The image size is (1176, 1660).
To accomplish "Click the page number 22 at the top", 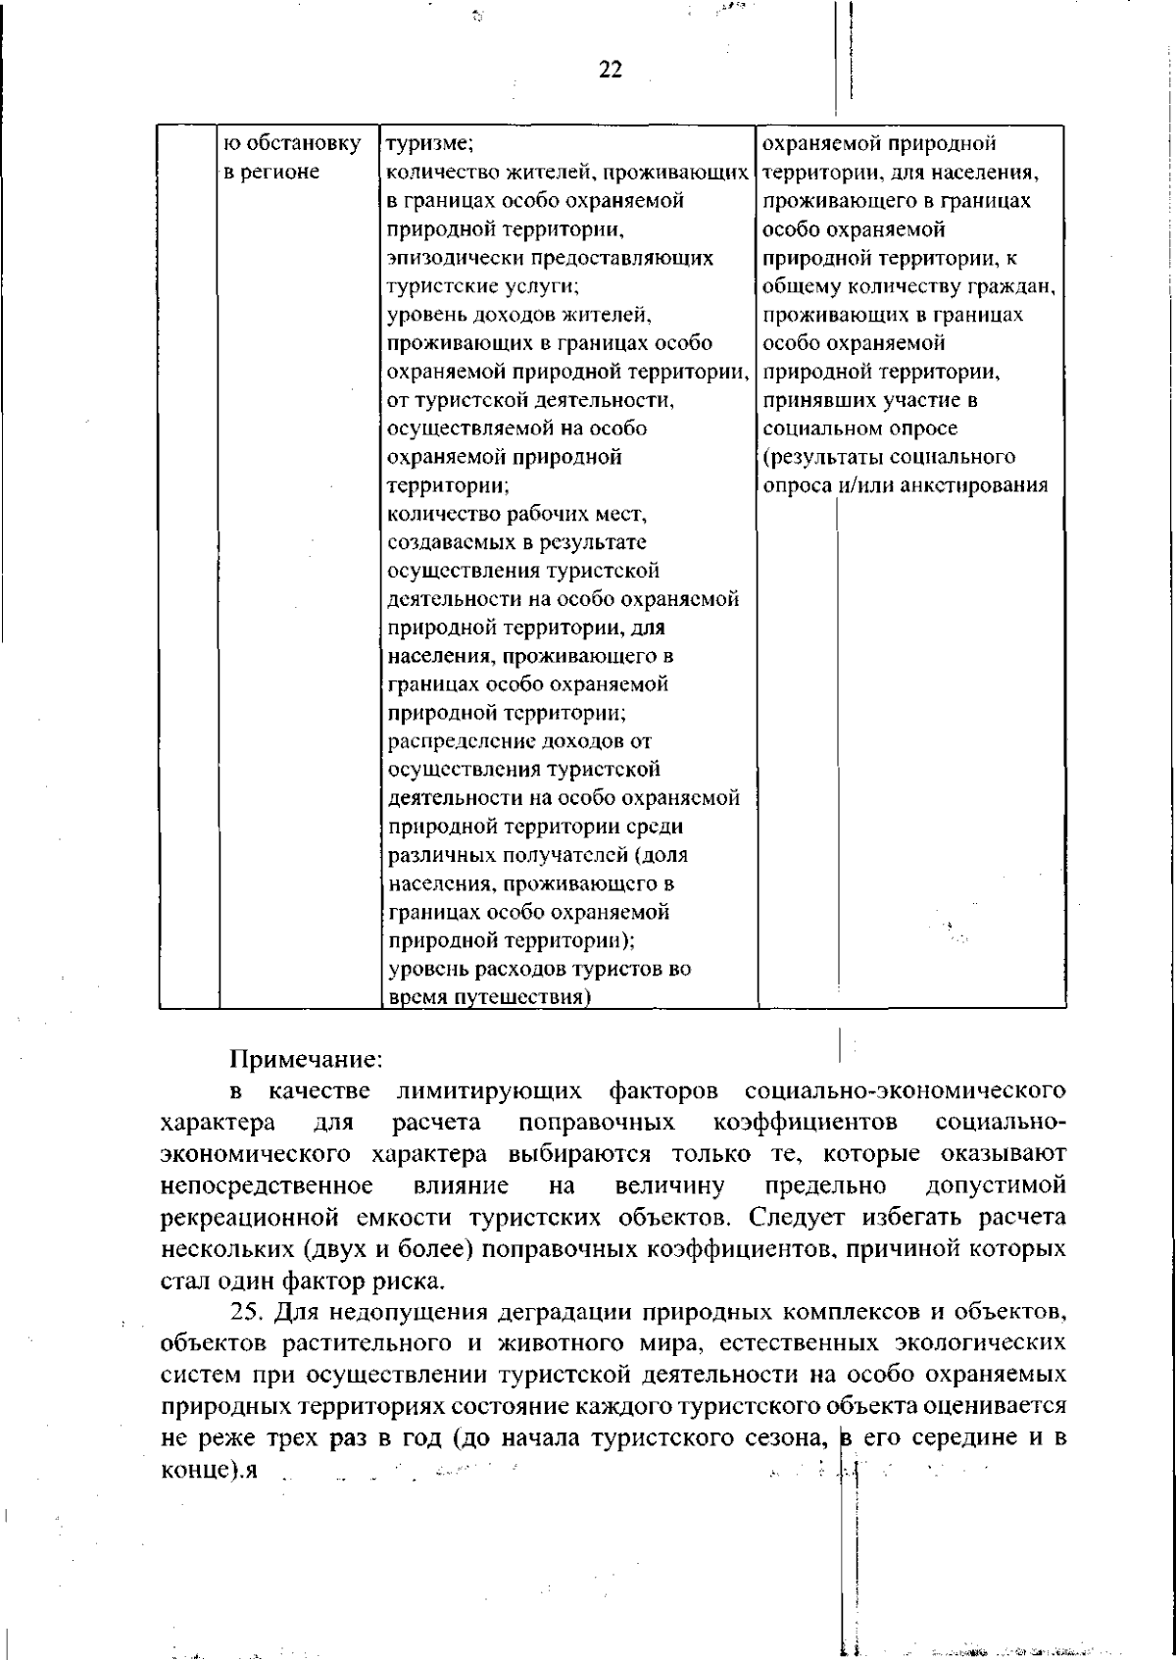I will pyautogui.click(x=610, y=71).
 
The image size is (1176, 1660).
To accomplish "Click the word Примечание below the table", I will pyautogui.click(x=305, y=1060).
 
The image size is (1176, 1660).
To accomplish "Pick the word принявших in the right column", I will pyautogui.click(x=810, y=400).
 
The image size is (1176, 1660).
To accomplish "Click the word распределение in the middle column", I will pyautogui.click(x=455, y=741).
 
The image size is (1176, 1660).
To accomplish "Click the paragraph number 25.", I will pyautogui.click(x=245, y=1312).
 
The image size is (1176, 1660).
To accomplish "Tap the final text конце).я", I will pyautogui.click(x=208, y=1471).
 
